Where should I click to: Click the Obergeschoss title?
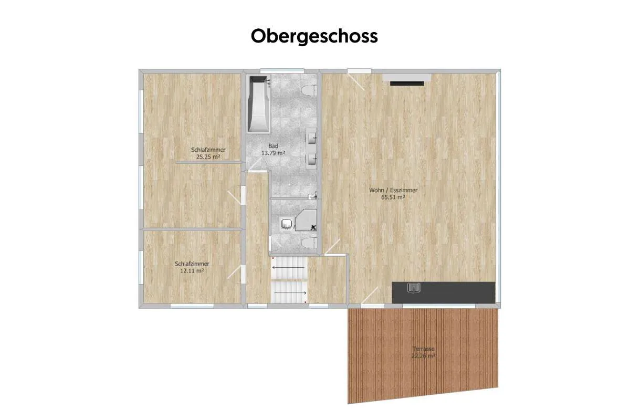point(314,36)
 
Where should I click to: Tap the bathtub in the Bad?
point(258,104)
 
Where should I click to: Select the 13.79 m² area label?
point(273,153)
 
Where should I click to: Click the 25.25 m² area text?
point(208,157)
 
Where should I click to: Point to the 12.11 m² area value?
point(192,271)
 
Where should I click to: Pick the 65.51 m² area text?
point(393,197)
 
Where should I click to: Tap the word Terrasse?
point(423,349)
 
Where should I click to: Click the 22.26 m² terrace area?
point(423,356)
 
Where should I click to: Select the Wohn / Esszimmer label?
point(393,190)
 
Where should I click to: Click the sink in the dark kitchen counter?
point(414,288)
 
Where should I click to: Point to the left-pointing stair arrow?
point(288,268)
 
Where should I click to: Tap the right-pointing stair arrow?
point(290,293)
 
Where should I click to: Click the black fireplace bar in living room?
point(407,83)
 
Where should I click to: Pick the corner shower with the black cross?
point(306,220)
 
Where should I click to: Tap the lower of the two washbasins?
point(311,160)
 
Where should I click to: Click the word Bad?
point(273,146)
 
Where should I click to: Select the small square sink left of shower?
point(286,224)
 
